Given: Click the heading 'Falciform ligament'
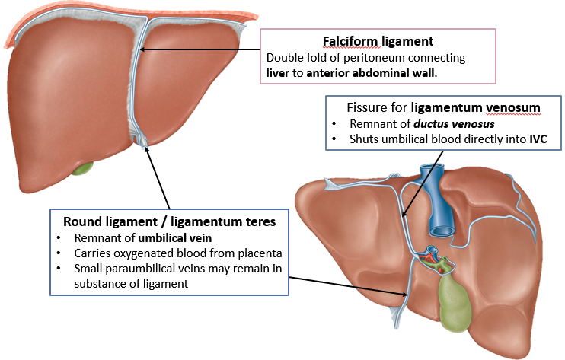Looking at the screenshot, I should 377,42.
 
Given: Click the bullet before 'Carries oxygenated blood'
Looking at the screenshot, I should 59,253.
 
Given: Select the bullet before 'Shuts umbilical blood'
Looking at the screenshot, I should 336,139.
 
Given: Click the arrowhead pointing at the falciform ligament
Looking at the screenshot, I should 142,50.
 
